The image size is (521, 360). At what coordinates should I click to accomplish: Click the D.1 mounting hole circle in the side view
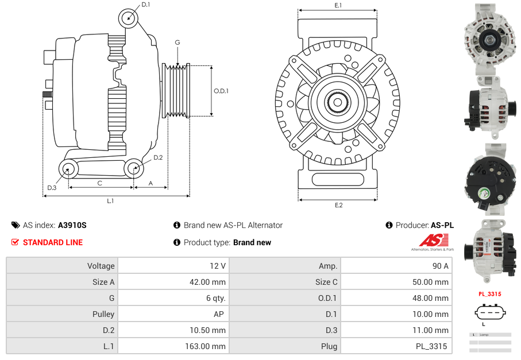129,18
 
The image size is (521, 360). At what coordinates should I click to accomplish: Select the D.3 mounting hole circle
69,169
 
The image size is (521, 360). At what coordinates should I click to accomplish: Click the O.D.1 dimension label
221,91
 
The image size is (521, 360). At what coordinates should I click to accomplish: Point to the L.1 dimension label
110,201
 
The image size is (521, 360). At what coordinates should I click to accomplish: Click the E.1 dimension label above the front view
338,5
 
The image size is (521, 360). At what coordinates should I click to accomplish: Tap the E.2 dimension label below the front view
338,205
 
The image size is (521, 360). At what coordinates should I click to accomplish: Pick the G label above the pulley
177,42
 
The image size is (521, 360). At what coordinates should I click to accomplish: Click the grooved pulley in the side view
176,91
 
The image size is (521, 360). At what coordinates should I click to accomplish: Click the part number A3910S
72,225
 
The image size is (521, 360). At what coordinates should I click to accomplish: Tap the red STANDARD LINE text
53,242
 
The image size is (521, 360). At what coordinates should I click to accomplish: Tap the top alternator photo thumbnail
489,37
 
